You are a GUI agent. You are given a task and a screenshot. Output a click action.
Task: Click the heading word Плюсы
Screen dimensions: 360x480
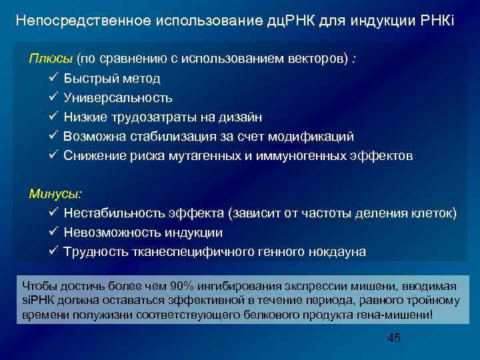pyautogui.click(x=51, y=59)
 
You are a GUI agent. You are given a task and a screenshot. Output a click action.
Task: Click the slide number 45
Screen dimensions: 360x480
pyautogui.click(x=394, y=338)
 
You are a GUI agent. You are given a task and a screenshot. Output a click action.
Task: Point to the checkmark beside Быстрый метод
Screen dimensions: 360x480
pyautogui.click(x=53, y=78)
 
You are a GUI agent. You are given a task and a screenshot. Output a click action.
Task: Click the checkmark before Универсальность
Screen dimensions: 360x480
pyautogui.click(x=53, y=97)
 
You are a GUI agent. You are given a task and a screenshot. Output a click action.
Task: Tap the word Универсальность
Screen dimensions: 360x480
pyautogui.click(x=118, y=98)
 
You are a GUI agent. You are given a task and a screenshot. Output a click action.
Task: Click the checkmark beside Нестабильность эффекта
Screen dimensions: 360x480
pyautogui.click(x=53, y=213)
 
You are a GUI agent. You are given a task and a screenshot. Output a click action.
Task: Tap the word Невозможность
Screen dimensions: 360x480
pyautogui.click(x=111, y=233)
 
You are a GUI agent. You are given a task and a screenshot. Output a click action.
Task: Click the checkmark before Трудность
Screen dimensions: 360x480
pyautogui.click(x=53, y=252)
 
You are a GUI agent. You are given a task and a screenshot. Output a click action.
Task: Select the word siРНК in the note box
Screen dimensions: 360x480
pyautogui.click(x=39, y=300)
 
